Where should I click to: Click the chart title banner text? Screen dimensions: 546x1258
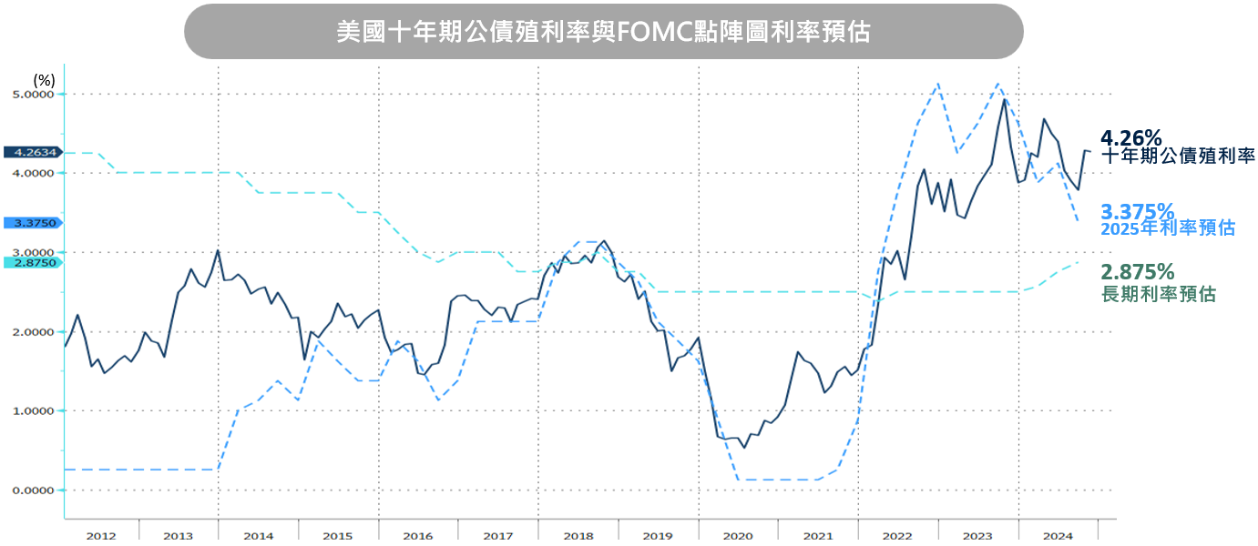click(x=603, y=32)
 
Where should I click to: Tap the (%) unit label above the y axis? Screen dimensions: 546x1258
click(x=44, y=79)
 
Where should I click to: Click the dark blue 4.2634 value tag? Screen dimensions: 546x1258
click(x=33, y=152)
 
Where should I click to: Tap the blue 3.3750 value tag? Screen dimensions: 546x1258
click(x=33, y=222)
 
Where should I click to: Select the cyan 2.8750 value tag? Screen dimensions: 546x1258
click(x=33, y=263)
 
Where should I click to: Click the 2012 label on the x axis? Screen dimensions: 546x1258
click(x=100, y=536)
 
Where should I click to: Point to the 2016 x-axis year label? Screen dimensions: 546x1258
click(x=418, y=536)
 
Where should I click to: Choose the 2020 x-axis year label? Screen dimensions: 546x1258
click(x=738, y=536)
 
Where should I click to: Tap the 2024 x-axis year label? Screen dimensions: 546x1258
click(x=1058, y=536)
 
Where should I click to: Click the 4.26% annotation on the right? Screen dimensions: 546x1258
click(x=1131, y=138)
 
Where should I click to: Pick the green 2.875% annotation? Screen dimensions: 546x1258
click(x=1138, y=272)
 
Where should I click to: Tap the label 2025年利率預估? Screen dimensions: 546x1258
click(x=1168, y=227)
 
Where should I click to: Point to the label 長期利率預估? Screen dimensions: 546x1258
click(x=1158, y=294)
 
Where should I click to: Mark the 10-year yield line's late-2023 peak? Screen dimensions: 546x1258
click(x=1004, y=99)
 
